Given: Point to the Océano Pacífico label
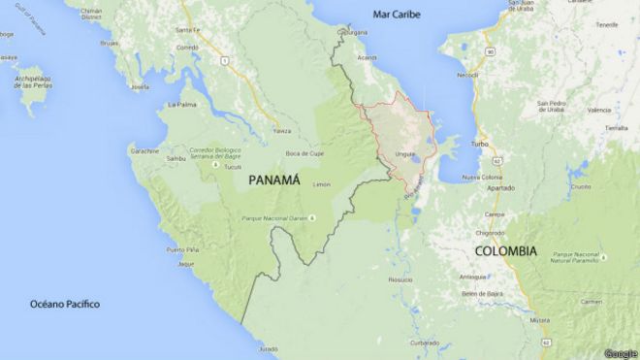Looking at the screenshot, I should click(x=64, y=304).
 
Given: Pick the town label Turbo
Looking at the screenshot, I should click(x=479, y=144).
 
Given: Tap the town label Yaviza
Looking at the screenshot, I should click(x=282, y=131).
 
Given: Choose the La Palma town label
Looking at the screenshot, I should click(x=182, y=104).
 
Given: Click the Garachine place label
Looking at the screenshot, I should click(x=144, y=151).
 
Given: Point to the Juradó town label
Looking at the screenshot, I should click(x=269, y=348).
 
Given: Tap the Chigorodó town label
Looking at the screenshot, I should click(x=489, y=233).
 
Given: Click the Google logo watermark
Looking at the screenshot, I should click(x=620, y=352).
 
